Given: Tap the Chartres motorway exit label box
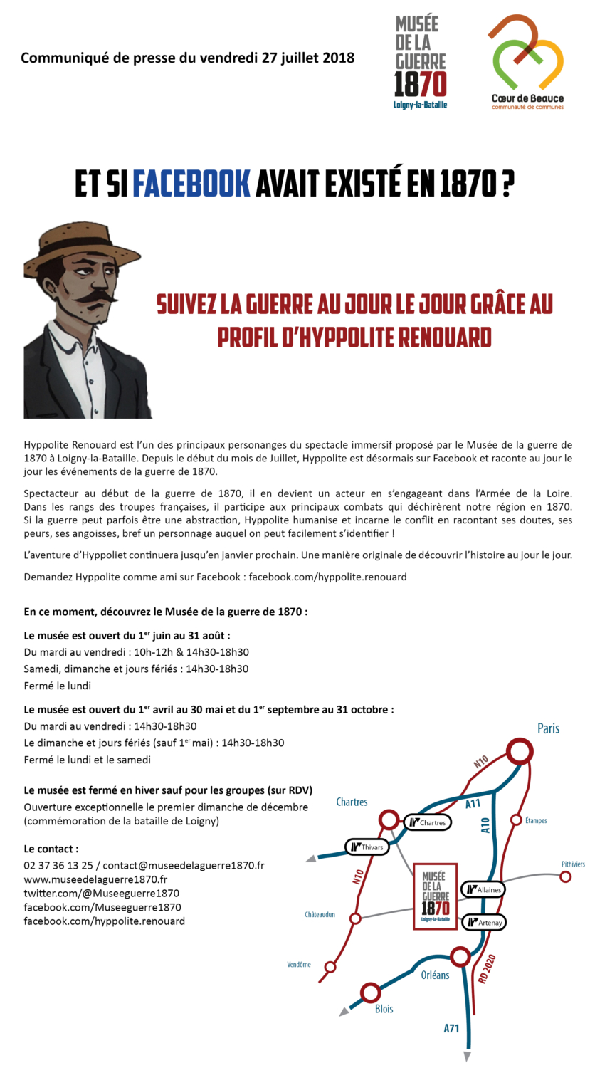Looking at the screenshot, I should tap(427, 822).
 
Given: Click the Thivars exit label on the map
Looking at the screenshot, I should tap(367, 847).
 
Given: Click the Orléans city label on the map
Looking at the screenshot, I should tap(435, 975).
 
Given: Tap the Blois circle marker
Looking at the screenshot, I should tap(370, 992).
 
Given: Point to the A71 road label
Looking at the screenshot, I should tap(452, 1028).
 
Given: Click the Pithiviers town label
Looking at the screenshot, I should tap(572, 864).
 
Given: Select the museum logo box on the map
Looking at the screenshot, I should tap(435, 896).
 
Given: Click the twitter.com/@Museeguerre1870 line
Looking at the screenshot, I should tap(101, 893).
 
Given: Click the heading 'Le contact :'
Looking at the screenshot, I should tap(51, 849).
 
